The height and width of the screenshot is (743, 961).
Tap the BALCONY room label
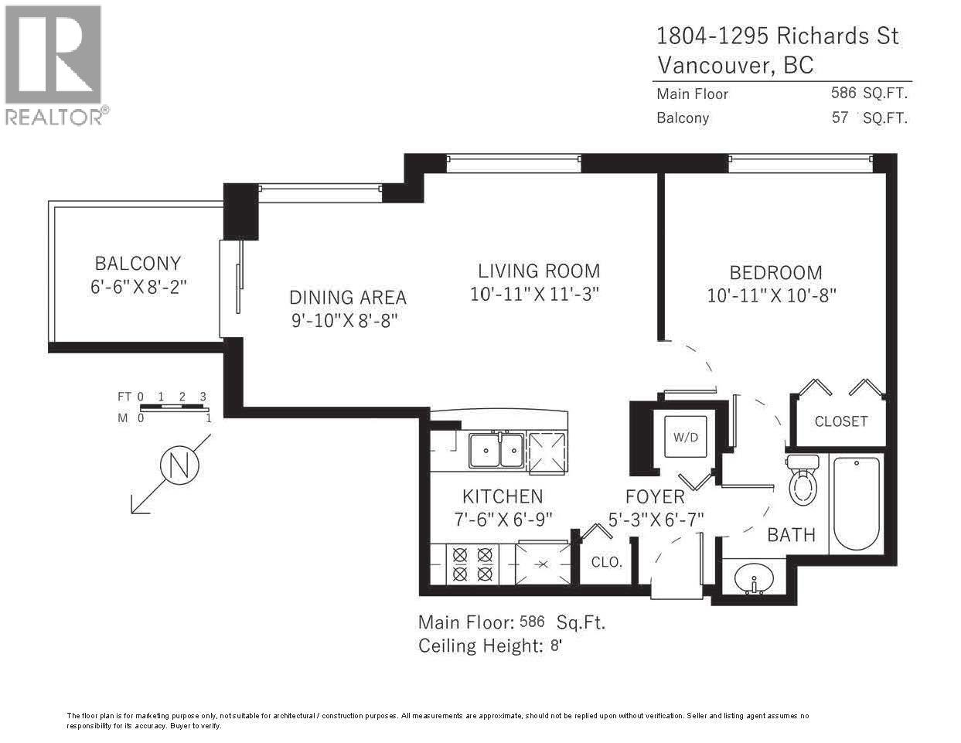point(138,263)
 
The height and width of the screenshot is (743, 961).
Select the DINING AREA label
point(347,297)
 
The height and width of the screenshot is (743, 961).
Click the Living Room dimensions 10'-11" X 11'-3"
point(535,295)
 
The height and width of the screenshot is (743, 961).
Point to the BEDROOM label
point(775,272)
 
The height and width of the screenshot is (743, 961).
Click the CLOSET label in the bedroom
point(840,421)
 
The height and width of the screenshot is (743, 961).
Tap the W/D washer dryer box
point(685,437)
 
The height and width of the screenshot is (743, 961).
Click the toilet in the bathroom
point(803,482)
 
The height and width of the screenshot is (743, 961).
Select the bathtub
point(857,503)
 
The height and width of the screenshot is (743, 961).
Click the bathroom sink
point(755,578)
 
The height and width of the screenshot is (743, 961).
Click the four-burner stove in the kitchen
point(472,564)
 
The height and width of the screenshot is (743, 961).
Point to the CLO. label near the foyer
point(606,562)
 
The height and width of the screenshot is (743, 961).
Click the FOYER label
point(655,497)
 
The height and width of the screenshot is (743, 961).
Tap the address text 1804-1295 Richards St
point(777,36)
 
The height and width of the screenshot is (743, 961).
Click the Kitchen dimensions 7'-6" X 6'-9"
point(503,519)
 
